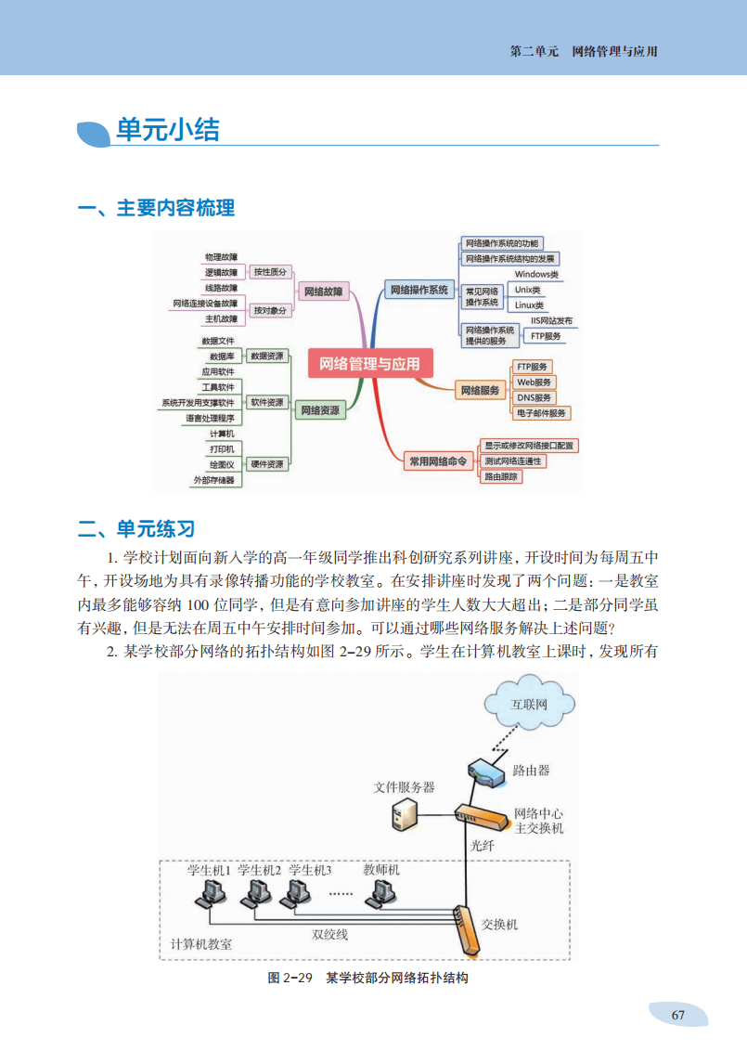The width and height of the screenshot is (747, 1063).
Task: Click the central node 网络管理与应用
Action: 369,364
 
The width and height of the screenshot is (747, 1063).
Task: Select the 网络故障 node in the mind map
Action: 323,292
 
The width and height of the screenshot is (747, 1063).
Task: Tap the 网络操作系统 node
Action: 419,290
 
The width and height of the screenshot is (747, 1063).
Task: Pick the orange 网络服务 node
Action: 481,391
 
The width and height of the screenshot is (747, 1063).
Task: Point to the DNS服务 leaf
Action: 534,397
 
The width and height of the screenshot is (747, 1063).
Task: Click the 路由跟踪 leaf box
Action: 501,476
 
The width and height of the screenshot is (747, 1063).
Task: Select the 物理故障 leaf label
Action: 221,256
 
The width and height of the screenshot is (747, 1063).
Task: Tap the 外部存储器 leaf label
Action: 214,480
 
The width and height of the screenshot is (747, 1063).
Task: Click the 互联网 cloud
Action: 529,704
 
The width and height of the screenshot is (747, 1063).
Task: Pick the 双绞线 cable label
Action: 329,934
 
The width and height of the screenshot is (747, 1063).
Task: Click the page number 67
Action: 677,1015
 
